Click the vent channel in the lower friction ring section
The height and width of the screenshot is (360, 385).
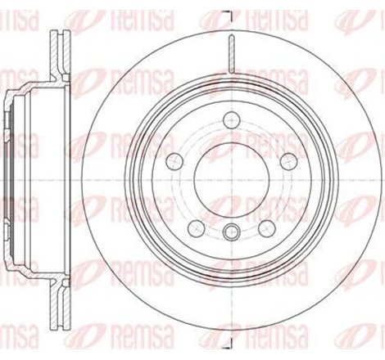click(60, 303)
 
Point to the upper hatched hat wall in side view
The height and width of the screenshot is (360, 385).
click(33, 91)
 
